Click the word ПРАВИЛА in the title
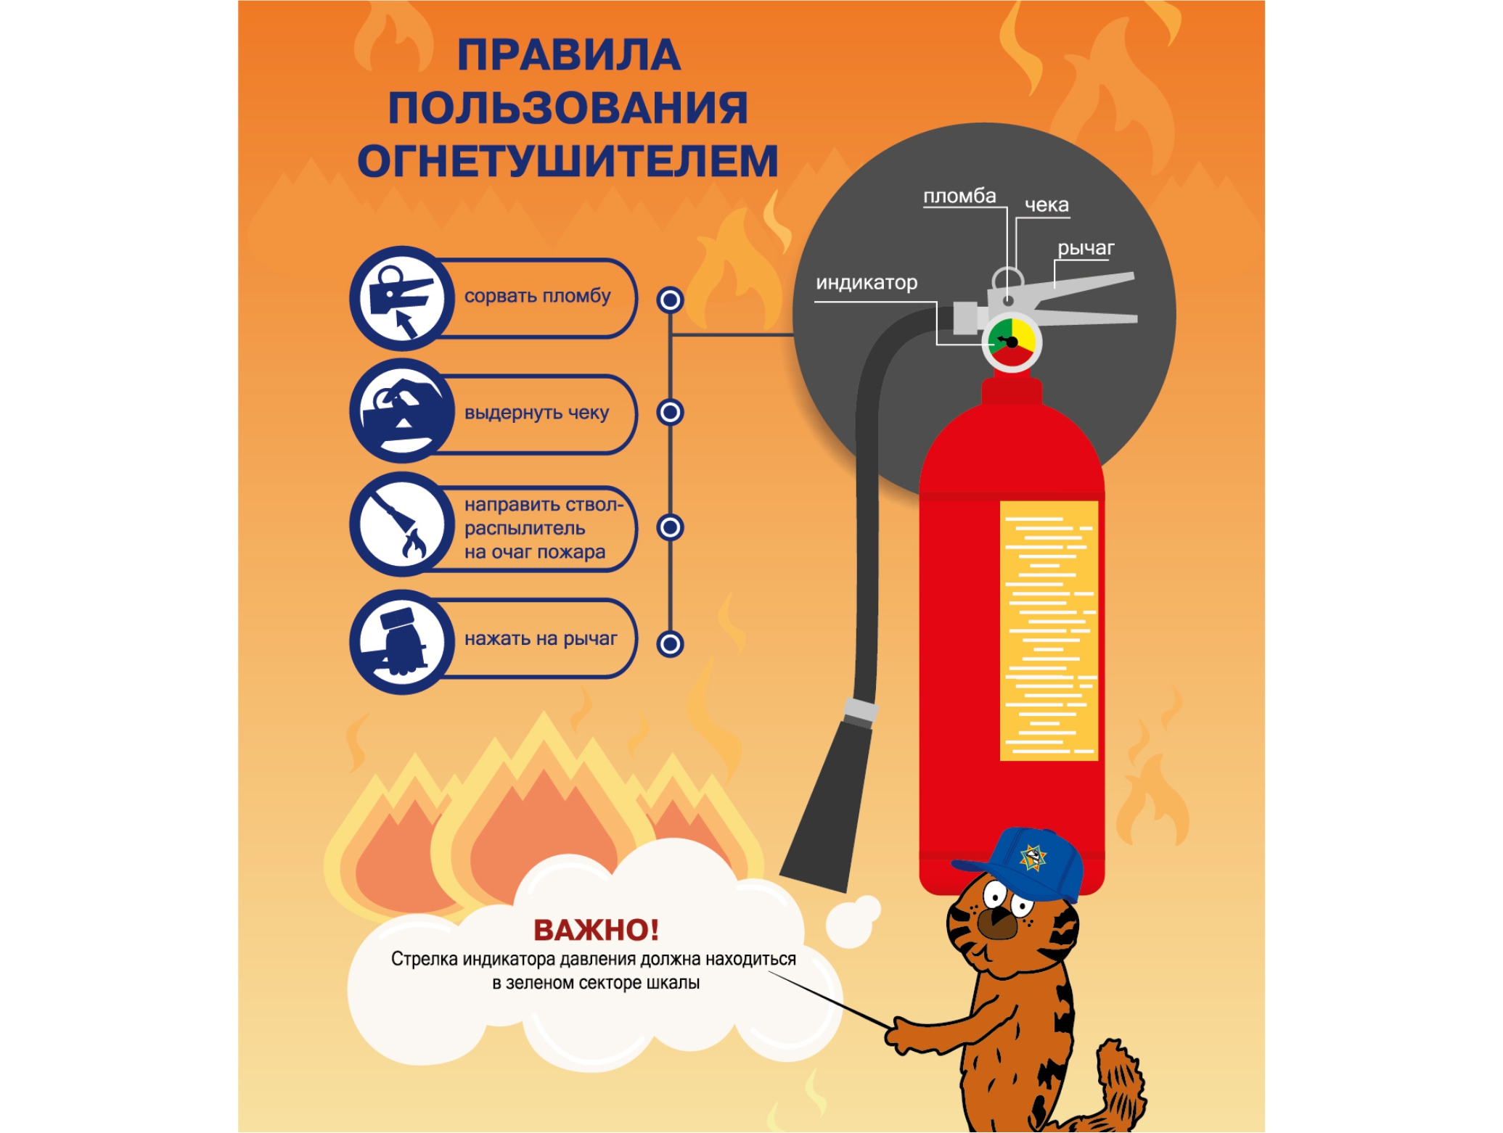tap(569, 55)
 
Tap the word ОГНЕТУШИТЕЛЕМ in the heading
tap(568, 161)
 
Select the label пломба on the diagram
tap(959, 196)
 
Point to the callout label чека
tap(1047, 205)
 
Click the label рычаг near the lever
tap(1086, 248)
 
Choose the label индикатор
tap(867, 282)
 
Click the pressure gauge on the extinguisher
tap(1012, 342)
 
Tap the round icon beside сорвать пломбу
tap(402, 298)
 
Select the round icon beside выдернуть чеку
tap(402, 411)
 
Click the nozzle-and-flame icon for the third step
tap(402, 524)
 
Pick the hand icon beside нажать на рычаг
tap(402, 642)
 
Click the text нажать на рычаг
tap(541, 639)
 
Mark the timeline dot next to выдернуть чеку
tap(670, 413)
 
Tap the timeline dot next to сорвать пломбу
tap(670, 300)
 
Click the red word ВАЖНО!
tap(597, 930)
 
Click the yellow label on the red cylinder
tap(1049, 630)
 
